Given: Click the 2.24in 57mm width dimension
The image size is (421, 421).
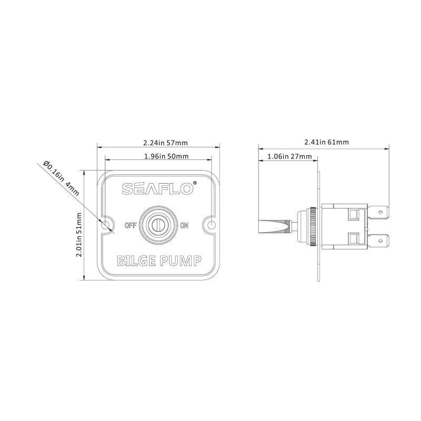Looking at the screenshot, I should click(x=158, y=143).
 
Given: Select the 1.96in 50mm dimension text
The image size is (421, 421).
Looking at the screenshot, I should click(x=158, y=156).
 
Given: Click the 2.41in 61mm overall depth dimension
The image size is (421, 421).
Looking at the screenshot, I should click(x=326, y=142).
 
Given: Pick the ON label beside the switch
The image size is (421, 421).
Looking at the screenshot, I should click(x=184, y=226).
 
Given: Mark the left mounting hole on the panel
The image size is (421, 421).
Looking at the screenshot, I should click(x=107, y=225).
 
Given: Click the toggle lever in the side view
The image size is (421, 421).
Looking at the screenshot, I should click(x=274, y=225).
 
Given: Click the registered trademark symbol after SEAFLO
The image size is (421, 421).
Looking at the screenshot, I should click(x=195, y=183).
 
